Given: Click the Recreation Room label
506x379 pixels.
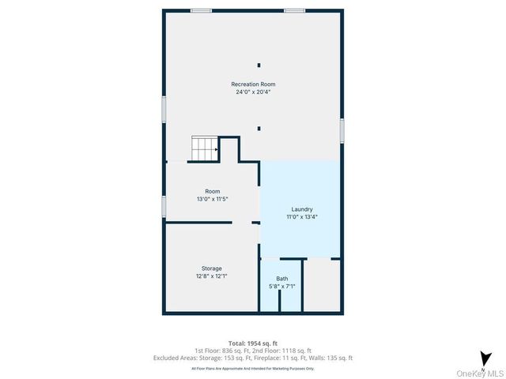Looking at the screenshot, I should [x=253, y=84].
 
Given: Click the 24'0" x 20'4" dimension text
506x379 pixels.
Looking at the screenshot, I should [x=253, y=92].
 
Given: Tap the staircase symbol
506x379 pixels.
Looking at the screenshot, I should [x=204, y=148].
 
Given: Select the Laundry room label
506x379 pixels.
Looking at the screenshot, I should [x=302, y=209].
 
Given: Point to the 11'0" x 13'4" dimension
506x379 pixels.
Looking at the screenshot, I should [x=302, y=216].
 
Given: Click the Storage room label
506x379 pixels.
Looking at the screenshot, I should [x=211, y=268].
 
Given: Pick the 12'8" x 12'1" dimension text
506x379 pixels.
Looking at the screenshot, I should [x=211, y=276].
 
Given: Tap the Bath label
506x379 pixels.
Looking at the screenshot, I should [x=282, y=279].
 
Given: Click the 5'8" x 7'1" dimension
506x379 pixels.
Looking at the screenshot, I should [x=282, y=286].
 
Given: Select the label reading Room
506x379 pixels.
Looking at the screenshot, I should [x=213, y=191].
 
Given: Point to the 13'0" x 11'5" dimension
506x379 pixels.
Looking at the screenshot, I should [x=213, y=199].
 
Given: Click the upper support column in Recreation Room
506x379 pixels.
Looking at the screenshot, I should [x=259, y=65].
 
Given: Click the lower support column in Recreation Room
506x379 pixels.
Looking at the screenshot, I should [x=259, y=128].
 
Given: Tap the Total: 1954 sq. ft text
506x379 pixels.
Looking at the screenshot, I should [x=253, y=343].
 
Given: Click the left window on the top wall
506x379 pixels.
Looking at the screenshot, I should [x=201, y=11].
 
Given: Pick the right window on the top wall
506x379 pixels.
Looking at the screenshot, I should [x=294, y=11].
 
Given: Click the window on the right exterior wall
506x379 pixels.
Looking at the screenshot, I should [x=342, y=130].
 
